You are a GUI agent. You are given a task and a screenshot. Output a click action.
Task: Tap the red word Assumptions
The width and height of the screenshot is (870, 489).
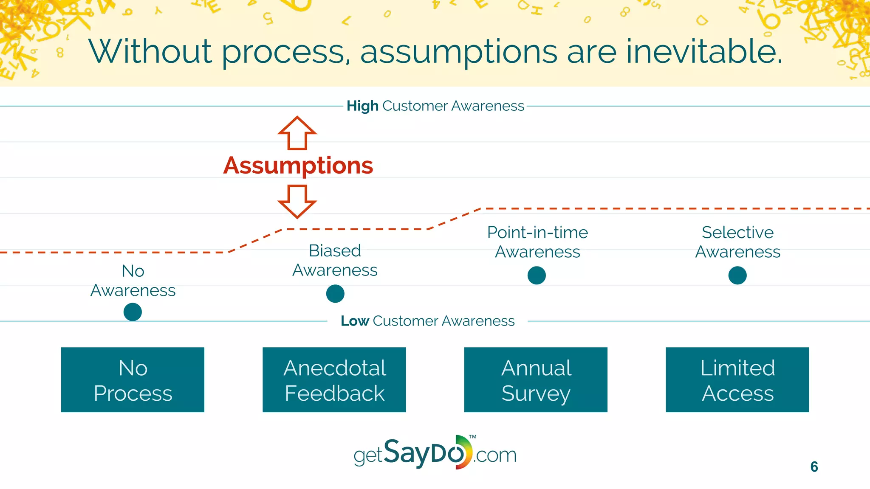pos(298,166)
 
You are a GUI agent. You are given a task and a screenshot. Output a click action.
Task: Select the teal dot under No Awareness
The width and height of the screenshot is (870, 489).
pos(133,312)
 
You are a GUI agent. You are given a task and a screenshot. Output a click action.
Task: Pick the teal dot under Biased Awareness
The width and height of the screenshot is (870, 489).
pos(335,294)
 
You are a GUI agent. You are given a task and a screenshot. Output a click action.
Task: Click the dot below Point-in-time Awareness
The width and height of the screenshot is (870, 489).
pos(537,275)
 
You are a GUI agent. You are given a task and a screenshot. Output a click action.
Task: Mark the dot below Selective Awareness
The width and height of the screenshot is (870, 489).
pos(737,275)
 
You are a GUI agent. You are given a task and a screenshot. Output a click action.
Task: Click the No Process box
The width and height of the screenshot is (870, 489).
pos(133,380)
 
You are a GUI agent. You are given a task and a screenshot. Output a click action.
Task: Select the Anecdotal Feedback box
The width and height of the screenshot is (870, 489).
pos(334,380)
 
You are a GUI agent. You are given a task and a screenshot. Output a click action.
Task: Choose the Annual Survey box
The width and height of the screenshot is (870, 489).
pos(536,380)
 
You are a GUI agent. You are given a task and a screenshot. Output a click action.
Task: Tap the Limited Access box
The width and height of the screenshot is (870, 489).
pos(737,380)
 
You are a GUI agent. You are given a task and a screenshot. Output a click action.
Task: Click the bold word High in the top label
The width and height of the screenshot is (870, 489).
pos(362,106)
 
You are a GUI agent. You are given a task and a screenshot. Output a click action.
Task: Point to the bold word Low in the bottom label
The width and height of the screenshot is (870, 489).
pos(355,321)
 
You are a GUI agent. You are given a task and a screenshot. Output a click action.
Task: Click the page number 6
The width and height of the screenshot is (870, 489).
pos(814,467)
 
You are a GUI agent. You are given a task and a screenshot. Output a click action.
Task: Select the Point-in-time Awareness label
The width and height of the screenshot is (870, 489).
pos(537,242)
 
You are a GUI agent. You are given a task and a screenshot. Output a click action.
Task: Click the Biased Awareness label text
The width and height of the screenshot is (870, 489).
pos(335,260)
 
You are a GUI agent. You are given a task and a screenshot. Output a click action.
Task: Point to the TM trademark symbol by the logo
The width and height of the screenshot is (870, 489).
pos(473,437)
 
